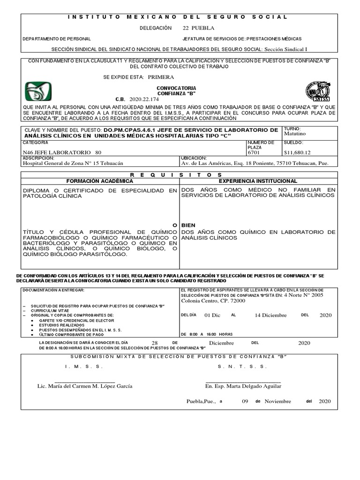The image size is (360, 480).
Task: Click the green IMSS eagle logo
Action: (x=38, y=91)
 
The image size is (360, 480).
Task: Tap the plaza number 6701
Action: (x=254, y=152)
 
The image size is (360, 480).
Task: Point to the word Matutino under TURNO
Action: (x=294, y=134)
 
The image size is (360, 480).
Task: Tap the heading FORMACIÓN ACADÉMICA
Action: (x=99, y=181)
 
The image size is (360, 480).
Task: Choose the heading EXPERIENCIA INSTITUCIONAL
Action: (x=258, y=181)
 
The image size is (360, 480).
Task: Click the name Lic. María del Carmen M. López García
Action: (x=85, y=386)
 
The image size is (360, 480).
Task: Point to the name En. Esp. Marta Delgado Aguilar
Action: (x=243, y=386)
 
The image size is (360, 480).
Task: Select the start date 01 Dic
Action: (x=212, y=315)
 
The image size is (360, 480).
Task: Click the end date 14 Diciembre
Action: (x=270, y=315)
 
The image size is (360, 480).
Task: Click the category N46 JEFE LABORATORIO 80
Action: (x=61, y=152)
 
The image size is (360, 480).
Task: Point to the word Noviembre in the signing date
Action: (x=277, y=401)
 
